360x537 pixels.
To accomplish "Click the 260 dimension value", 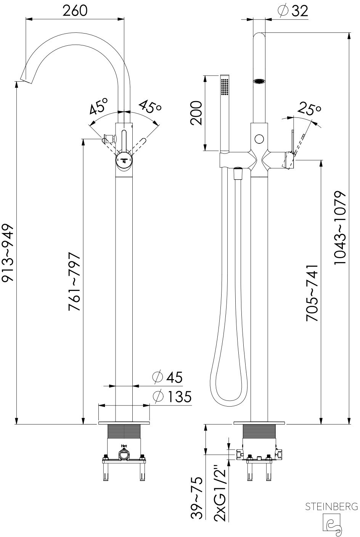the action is [x=75, y=11].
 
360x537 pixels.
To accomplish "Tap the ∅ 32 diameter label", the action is [x=293, y=11].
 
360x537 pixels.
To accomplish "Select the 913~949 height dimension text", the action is [x=7, y=253].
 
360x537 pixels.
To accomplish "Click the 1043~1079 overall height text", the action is [x=340, y=228].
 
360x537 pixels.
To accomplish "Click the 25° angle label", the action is [x=309, y=109].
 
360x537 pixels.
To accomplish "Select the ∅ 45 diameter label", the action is [x=167, y=377].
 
